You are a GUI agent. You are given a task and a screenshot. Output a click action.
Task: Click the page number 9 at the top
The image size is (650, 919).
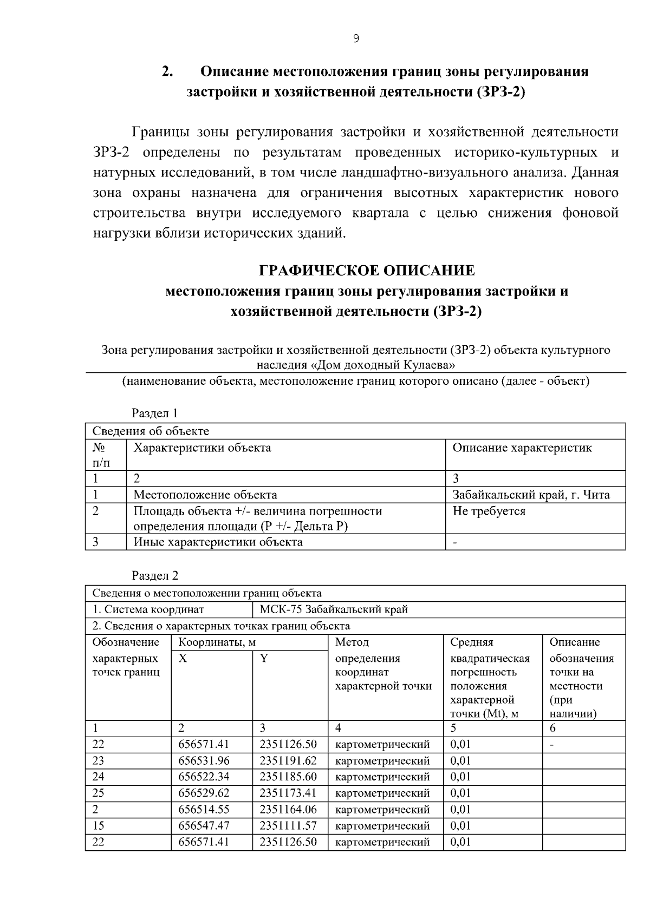pos(355,38)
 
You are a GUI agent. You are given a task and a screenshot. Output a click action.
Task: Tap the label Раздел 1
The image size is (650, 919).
pos(155,413)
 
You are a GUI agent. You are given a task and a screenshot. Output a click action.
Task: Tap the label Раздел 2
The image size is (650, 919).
pos(155,576)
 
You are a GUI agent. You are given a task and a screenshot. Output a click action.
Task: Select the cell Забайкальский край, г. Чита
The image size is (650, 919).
pos(531,495)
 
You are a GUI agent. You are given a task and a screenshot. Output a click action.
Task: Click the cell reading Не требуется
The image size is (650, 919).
pos(489,511)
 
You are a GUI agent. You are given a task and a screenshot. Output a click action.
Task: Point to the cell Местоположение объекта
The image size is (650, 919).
pos(205,495)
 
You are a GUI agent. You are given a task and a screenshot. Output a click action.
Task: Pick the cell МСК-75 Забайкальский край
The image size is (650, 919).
pos(334,609)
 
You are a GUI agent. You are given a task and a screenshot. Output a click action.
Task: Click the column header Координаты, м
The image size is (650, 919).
pos(217,642)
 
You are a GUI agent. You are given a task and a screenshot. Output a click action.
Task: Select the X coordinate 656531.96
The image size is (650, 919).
pos(204,760)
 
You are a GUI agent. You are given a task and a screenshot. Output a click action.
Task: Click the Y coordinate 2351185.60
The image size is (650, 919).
pos(288,777)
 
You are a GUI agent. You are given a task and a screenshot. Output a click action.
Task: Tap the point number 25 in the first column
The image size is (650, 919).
pos(98,793)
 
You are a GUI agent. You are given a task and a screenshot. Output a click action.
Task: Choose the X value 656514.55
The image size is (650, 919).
pos(204,809)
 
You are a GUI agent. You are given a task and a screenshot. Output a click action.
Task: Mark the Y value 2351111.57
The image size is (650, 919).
pos(288,826)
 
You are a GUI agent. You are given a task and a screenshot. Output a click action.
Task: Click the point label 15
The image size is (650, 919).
pos(98,826)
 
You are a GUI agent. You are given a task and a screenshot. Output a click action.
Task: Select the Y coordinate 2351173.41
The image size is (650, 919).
pos(288,793)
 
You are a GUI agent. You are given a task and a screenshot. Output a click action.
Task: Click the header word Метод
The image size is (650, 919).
pos(352,642)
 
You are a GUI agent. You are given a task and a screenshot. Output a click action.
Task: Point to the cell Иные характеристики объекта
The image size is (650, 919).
pos(218,542)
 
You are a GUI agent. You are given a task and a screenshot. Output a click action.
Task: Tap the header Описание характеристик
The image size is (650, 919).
pos(522,448)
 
